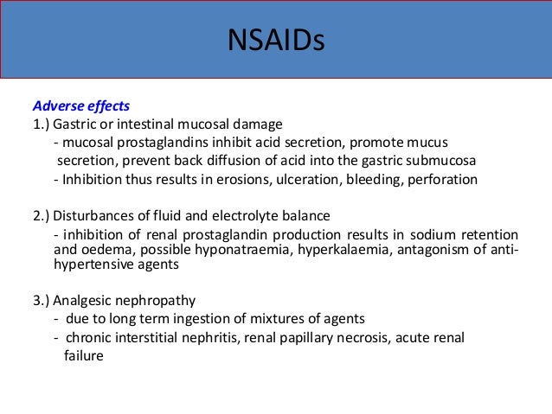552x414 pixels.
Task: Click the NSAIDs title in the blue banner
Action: pyautogui.click(x=275, y=41)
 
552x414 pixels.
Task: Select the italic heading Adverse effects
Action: pyautogui.click(x=80, y=106)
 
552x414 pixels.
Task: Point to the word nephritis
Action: pyautogui.click(x=215, y=337)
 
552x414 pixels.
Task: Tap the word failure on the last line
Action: pyautogui.click(x=84, y=354)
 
